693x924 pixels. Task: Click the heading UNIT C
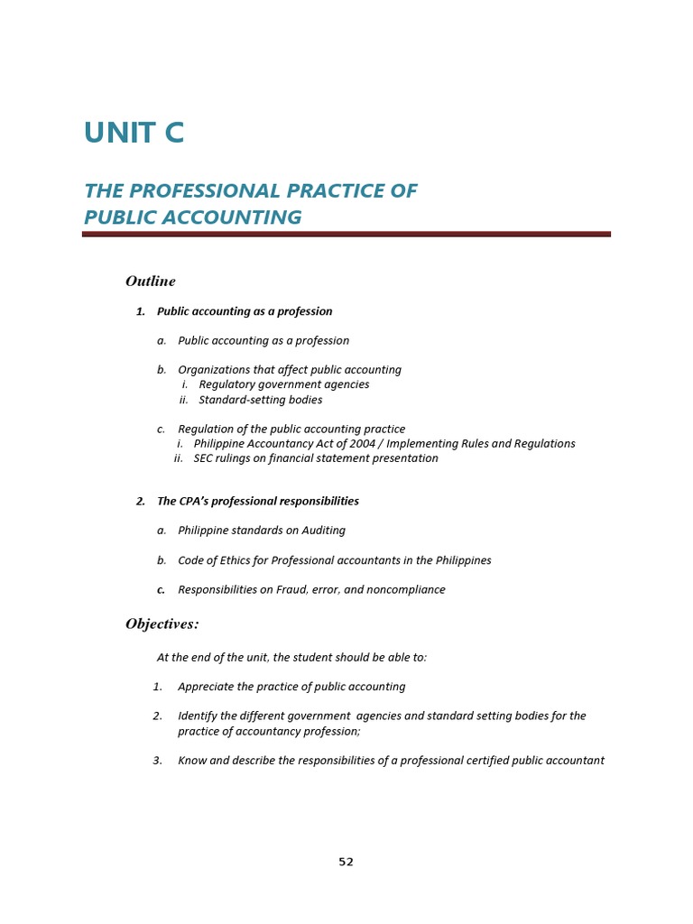(x=134, y=133)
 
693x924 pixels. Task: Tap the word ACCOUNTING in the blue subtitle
(x=236, y=217)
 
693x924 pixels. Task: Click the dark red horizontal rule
(x=346, y=234)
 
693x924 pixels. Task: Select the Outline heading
(x=151, y=282)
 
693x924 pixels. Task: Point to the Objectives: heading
(x=162, y=624)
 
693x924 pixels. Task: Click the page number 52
(x=346, y=862)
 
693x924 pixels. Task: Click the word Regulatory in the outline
(x=226, y=384)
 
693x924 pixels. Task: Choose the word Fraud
(x=304, y=590)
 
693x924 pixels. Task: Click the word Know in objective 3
(x=191, y=761)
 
